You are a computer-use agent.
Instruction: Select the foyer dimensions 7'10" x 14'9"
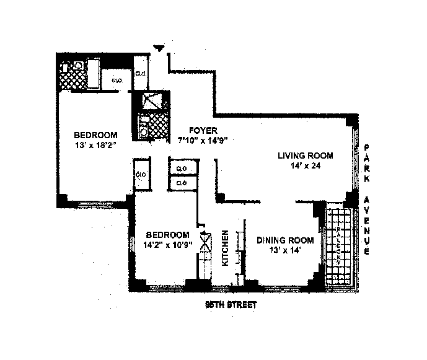tap(203, 140)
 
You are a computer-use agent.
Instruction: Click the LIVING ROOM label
tap(306, 156)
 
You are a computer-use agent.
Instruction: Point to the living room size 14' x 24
tap(305, 165)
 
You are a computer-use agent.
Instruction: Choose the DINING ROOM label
tap(285, 240)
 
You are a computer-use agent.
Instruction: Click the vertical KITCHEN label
tap(226, 248)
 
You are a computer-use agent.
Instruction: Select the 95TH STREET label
tap(231, 305)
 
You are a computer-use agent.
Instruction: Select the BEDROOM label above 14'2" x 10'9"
tap(167, 234)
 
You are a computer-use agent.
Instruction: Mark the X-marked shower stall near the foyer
tap(150, 101)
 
